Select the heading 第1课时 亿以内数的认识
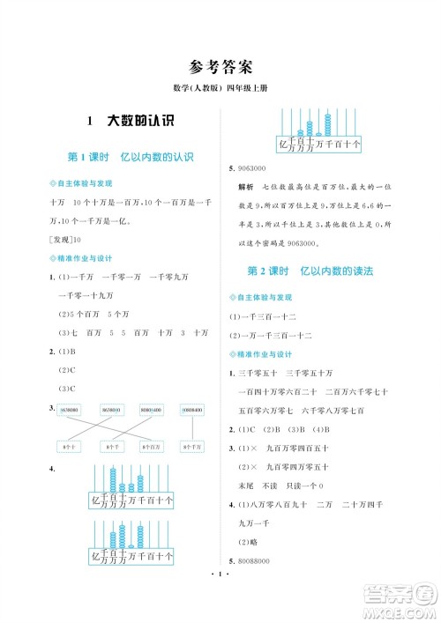pos(131,157)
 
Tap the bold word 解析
pos(245,188)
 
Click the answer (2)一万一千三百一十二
pos(269,336)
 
